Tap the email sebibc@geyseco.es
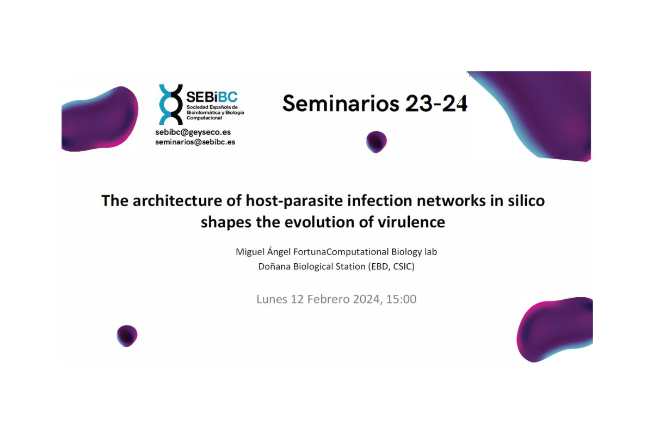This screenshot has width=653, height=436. [193, 132]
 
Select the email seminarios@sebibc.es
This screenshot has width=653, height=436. [195, 142]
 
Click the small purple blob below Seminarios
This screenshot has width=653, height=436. [376, 142]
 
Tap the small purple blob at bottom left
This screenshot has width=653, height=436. [127, 336]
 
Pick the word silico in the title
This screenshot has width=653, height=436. [525, 201]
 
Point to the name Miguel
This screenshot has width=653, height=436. [249, 252]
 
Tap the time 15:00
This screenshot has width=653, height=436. [401, 299]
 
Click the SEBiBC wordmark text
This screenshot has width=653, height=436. [212, 97]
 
